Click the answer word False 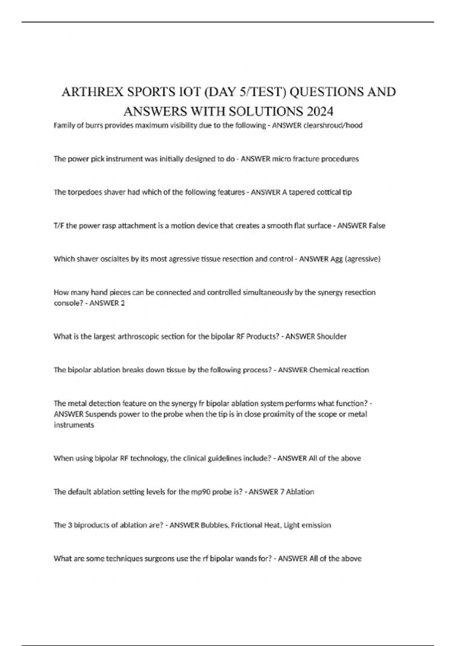(x=377, y=226)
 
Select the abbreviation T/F (x=59, y=226)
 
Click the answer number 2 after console (x=123, y=303)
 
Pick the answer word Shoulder (x=331, y=337)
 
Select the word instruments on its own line (x=74, y=425)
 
